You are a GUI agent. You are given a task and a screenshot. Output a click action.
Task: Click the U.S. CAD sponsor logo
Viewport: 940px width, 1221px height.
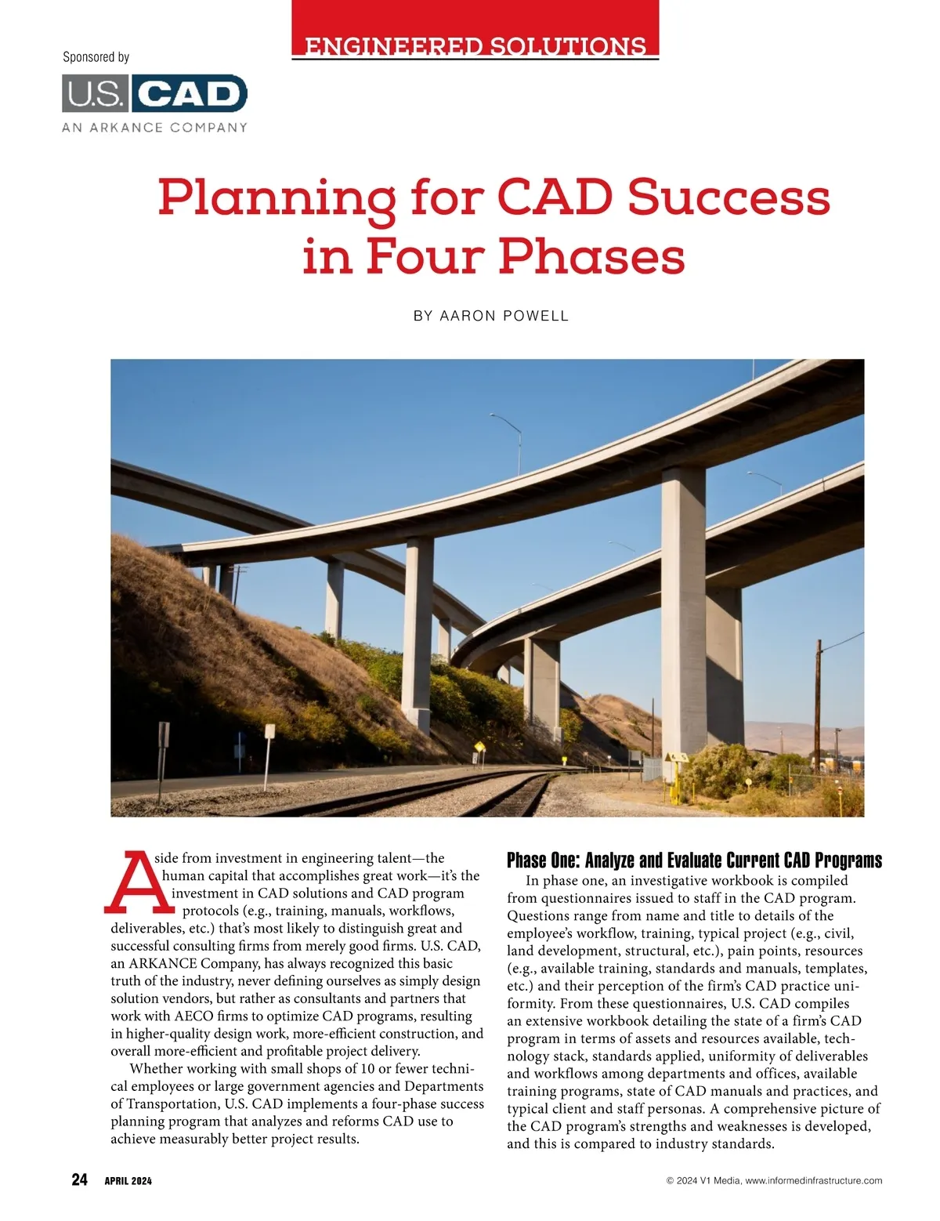click(x=154, y=94)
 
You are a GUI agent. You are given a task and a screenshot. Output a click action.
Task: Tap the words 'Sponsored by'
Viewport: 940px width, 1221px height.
click(x=96, y=57)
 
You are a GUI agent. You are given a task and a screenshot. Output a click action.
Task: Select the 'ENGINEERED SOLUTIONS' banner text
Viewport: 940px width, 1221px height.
click(x=475, y=45)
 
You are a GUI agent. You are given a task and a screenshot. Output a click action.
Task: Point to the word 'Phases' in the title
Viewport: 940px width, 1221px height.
click(x=592, y=256)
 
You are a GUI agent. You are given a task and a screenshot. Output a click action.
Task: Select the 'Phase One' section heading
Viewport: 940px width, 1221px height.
click(x=694, y=860)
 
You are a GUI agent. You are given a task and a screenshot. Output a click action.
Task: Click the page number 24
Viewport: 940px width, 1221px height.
click(x=79, y=1180)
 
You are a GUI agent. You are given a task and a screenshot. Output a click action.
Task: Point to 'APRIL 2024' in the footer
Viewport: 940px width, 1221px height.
click(x=128, y=1181)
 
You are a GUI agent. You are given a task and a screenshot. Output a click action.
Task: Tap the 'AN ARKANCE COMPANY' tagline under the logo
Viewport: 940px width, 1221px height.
click(x=154, y=127)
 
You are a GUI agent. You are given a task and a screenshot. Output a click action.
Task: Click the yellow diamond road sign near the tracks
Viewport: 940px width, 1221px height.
click(x=478, y=746)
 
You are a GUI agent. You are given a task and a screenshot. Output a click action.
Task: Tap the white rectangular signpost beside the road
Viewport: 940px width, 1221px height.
click(x=269, y=733)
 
